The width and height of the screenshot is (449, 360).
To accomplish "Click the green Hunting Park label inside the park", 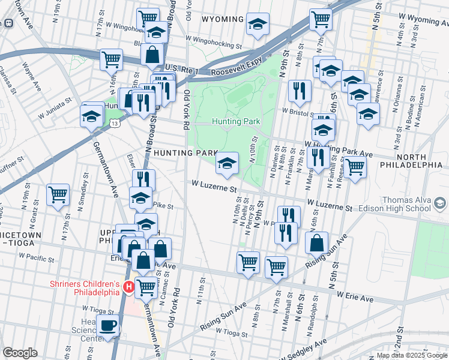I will coord(235,121).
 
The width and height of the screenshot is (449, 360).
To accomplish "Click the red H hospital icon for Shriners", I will coord(128,288).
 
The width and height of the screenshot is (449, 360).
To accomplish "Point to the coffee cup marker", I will coord(108,326).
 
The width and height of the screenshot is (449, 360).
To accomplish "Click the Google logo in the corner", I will coord(20,353).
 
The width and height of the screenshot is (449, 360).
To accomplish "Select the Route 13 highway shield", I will coord(114,122).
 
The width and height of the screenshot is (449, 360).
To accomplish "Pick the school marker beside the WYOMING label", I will coord(258,25).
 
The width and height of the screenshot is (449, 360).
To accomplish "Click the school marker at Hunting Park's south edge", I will coord(227,163).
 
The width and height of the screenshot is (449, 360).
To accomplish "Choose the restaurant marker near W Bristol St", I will coord(298,91).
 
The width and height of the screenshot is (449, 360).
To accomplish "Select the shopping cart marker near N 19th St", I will coord(58,194).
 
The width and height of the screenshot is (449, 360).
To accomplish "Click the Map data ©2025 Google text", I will coord(412,355).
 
